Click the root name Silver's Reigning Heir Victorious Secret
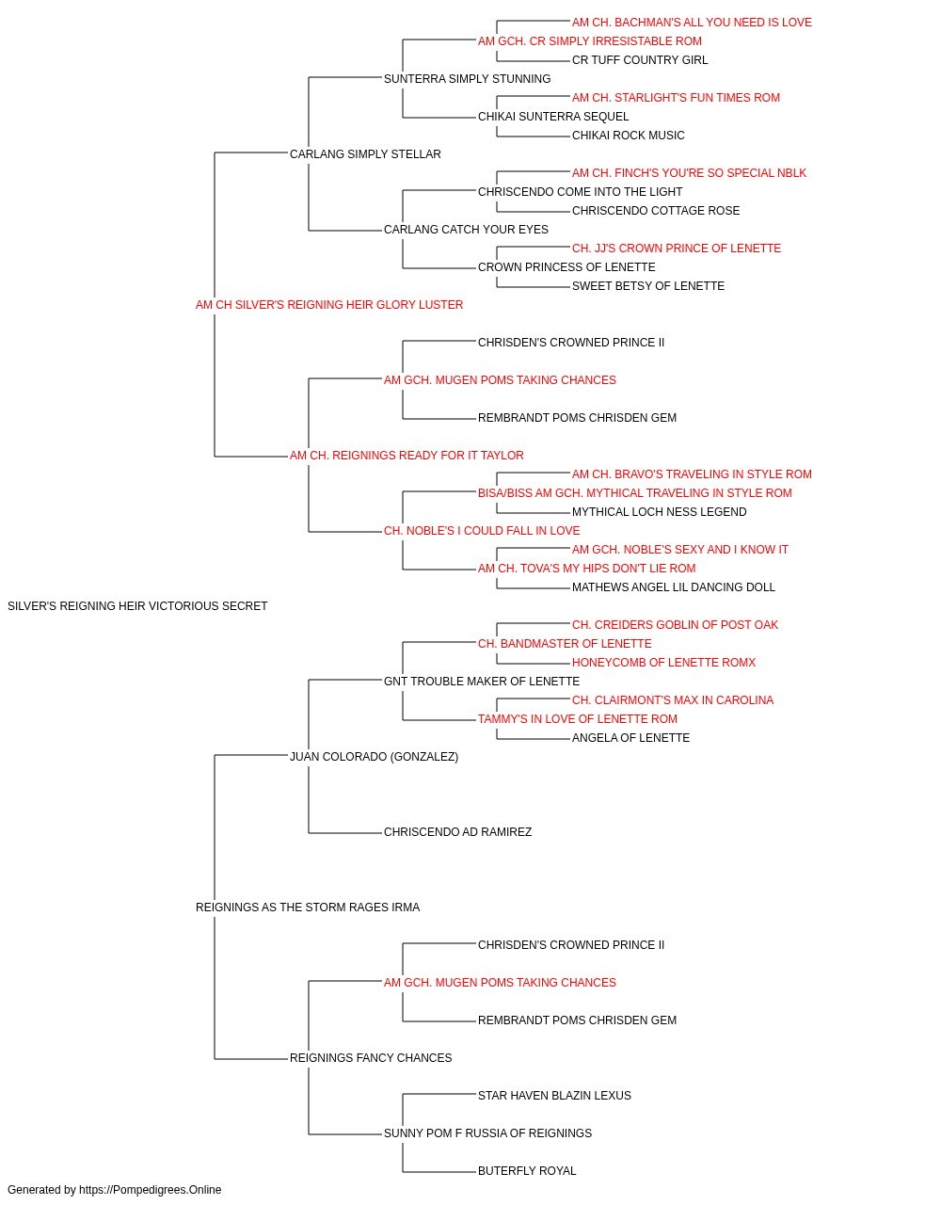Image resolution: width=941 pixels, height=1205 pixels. (137, 606)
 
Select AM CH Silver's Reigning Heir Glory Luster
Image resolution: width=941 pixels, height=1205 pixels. (329, 305)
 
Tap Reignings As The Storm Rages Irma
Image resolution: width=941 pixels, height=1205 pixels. (308, 908)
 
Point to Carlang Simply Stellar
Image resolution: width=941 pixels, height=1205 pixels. (365, 154)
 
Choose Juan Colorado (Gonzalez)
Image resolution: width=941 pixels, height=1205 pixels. (375, 757)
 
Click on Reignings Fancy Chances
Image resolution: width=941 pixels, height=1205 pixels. (371, 1058)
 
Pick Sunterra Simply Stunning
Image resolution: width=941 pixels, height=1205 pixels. (467, 79)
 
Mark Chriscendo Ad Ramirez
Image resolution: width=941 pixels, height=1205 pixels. (457, 832)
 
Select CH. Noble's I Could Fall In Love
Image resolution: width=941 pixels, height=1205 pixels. (482, 531)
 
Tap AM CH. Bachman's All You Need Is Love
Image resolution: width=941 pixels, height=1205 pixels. (692, 23)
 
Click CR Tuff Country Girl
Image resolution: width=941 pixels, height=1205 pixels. (640, 60)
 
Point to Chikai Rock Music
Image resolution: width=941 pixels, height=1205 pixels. (628, 136)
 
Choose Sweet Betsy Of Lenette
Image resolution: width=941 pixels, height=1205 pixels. (647, 286)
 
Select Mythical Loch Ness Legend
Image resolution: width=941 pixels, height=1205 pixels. (659, 512)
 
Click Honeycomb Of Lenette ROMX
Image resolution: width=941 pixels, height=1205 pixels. (663, 663)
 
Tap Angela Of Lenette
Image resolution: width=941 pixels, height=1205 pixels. (630, 738)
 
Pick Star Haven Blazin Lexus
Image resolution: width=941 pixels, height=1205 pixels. (554, 1096)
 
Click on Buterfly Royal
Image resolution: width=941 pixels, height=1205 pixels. (527, 1171)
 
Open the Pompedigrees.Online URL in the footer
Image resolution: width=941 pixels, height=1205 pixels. (150, 1190)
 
